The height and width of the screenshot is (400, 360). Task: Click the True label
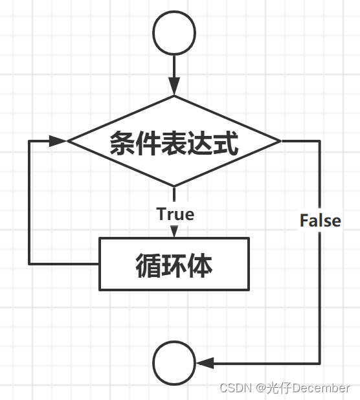(x=175, y=214)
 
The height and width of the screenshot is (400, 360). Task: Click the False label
(x=321, y=220)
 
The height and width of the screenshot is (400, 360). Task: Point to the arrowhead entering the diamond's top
(x=174, y=86)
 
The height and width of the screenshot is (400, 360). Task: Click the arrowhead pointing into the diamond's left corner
(x=58, y=141)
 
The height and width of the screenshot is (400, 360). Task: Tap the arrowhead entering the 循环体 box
(x=174, y=231)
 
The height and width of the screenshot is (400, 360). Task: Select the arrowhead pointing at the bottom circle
(x=205, y=363)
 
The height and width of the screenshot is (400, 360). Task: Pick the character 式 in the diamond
(x=226, y=143)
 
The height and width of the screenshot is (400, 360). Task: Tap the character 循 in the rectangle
(x=148, y=265)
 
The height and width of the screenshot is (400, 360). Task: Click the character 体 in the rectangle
(x=200, y=265)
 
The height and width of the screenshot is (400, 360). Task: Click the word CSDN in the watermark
(x=236, y=388)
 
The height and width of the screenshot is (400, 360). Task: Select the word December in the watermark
(x=321, y=388)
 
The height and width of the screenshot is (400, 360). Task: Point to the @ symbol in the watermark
(x=261, y=388)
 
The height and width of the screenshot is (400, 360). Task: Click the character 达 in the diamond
(x=200, y=143)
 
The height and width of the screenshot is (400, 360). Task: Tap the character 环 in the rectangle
(x=174, y=265)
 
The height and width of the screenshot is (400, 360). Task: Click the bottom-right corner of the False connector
(x=320, y=363)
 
